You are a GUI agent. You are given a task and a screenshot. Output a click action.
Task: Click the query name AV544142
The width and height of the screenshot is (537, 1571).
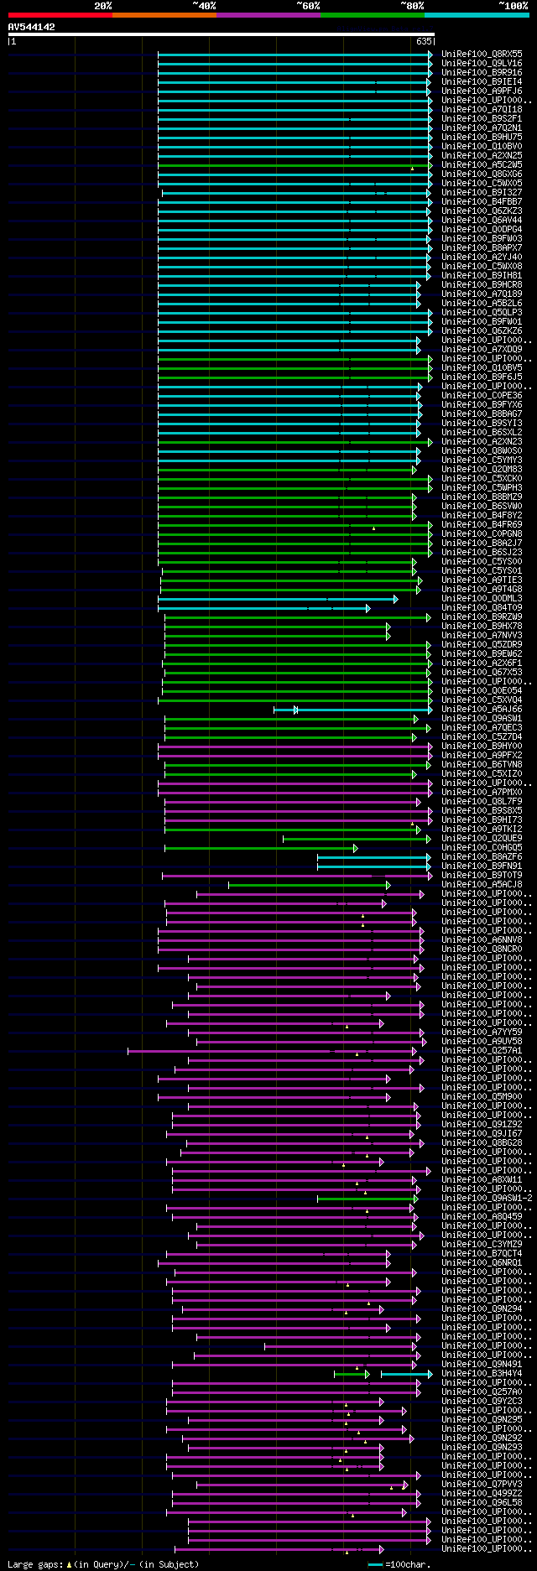tap(32, 27)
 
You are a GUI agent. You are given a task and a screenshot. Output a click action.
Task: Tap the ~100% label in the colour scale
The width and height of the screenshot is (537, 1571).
tap(513, 6)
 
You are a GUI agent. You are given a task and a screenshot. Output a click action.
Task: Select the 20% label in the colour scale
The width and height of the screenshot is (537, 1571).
tap(103, 6)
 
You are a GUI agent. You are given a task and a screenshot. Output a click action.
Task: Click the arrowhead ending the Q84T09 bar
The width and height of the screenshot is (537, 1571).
tap(368, 608)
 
